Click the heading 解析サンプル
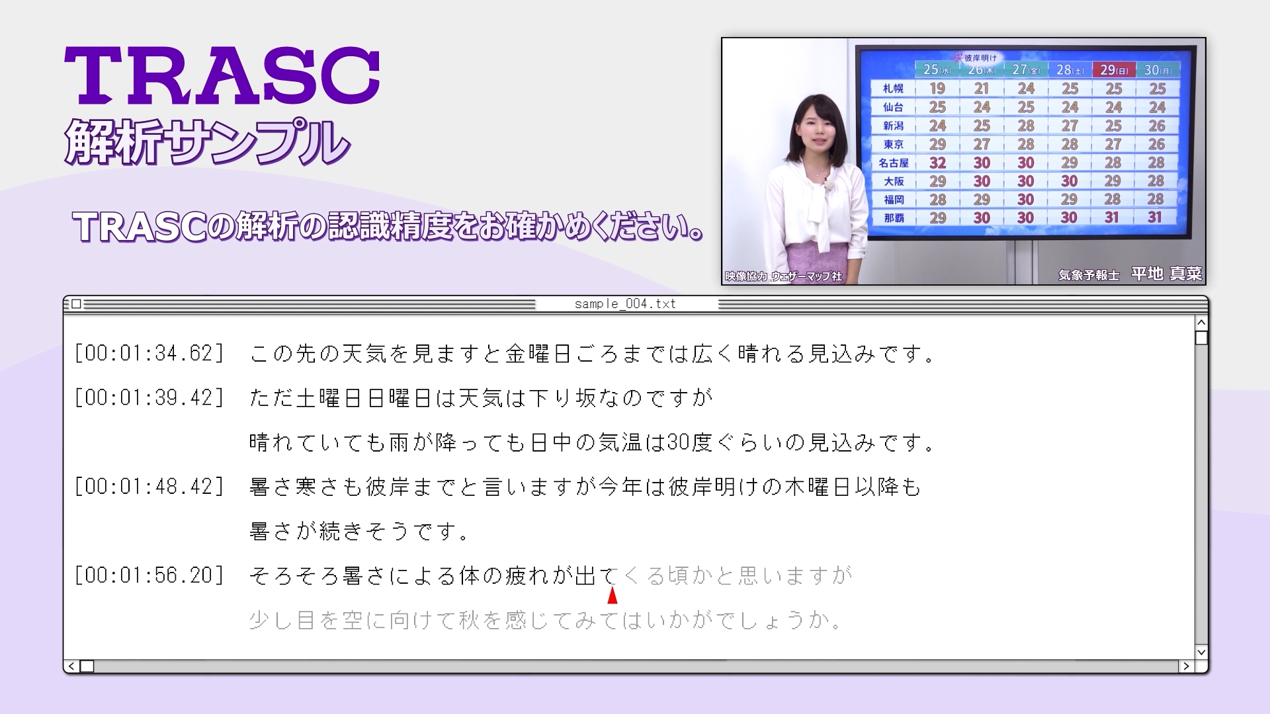tap(207, 141)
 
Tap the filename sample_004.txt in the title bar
tap(625, 303)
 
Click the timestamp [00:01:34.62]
tap(149, 353)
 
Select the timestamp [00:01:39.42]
tap(149, 397)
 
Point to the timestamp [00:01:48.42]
tap(149, 487)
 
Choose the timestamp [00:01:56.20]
tap(149, 575)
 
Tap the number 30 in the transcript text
tap(679, 442)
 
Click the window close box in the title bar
tap(76, 304)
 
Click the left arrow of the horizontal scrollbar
tap(71, 666)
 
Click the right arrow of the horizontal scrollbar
tap(1187, 666)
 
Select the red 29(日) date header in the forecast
tap(1114, 69)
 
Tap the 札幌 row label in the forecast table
tap(893, 89)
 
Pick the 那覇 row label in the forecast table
tap(893, 218)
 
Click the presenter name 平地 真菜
tap(1166, 274)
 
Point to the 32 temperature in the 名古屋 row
tap(937, 163)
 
